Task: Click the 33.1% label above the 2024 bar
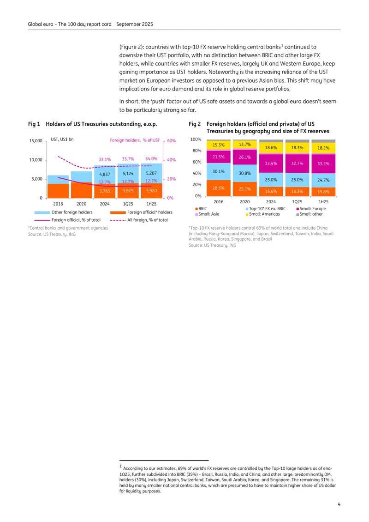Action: (x=105, y=159)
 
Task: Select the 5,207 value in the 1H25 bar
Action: (x=151, y=173)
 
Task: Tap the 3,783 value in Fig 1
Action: (x=105, y=191)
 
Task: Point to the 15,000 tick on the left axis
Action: (x=36, y=141)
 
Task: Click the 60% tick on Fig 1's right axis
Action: (x=172, y=141)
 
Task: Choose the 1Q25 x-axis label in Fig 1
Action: (x=128, y=204)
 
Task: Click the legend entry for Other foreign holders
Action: (x=64, y=212)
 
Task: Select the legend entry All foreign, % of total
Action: (x=139, y=220)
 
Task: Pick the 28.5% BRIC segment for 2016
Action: (x=219, y=188)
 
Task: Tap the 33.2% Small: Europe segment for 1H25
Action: (x=323, y=164)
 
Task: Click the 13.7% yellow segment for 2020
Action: (x=244, y=145)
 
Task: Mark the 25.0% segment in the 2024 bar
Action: (x=271, y=180)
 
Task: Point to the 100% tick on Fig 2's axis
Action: (x=196, y=139)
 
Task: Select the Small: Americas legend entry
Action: (x=262, y=214)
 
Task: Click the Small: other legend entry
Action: (x=309, y=214)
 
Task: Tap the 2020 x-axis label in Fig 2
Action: (x=244, y=202)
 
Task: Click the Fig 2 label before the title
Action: (x=195, y=124)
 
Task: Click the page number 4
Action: (x=339, y=504)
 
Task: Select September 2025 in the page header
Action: (x=135, y=24)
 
